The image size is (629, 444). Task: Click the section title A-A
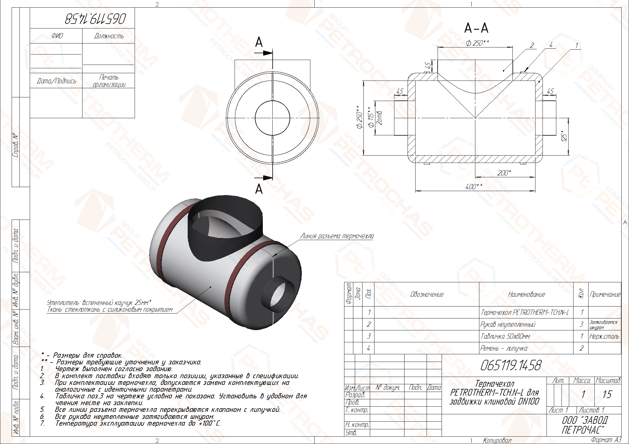(x=476, y=28)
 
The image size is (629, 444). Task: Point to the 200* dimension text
(x=504, y=173)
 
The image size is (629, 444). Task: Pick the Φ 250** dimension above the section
(x=477, y=43)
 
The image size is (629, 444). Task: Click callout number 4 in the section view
(x=551, y=45)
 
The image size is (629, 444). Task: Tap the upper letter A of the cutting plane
(x=259, y=43)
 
